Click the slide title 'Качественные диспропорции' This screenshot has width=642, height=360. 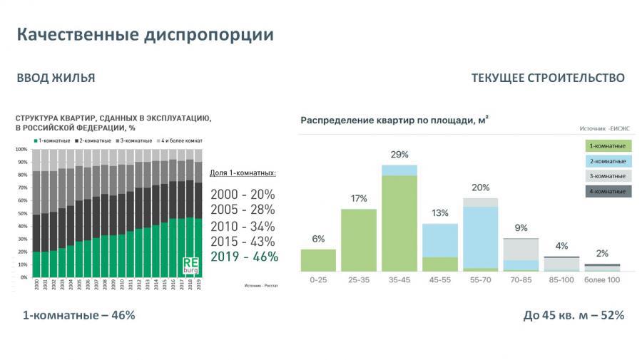coord(145,34)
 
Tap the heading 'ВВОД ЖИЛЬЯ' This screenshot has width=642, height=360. coord(56,78)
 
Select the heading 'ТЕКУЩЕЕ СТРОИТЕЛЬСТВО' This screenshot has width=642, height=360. coord(548,78)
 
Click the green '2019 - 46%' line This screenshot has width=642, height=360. coord(244,257)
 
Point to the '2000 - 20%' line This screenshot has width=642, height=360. coord(243,195)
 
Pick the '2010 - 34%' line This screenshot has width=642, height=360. coord(244,226)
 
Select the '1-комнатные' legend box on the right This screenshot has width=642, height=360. coord(607,146)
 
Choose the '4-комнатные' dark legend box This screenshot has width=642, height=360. coord(607,191)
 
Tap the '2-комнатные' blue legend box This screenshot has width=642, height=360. coord(607,161)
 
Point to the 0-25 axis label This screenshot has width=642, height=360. coord(318,280)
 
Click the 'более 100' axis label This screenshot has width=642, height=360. coord(601,280)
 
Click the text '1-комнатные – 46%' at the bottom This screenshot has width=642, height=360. coord(78,315)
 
